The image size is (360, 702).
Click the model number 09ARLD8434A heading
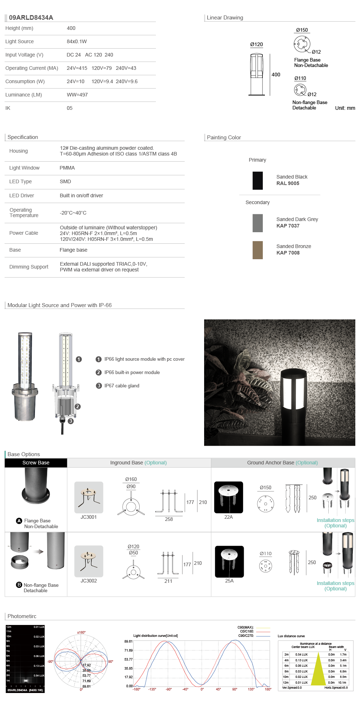pos(31,18)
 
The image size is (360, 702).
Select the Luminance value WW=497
pos(77,95)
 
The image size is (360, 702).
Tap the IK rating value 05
pos(69,108)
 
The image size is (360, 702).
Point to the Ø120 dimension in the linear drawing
pos(256,44)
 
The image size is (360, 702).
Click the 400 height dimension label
pos(276,75)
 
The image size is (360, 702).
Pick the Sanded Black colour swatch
pos(258,180)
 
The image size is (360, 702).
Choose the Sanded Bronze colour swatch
pos(258,250)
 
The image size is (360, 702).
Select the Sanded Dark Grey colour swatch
pos(258,223)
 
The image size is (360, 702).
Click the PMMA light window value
pos(67,168)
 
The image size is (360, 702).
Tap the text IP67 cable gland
pos(122,386)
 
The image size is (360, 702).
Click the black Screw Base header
pos(36,463)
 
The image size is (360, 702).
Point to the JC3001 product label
pos(89,517)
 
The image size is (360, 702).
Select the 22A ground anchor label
pos(229,517)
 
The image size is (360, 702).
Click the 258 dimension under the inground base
pos(169,519)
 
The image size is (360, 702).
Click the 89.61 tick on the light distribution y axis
pos(129,642)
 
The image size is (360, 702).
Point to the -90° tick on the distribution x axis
pos(168,689)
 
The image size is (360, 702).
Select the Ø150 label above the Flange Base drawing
pos(302,30)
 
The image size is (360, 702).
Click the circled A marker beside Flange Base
pos(19,521)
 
